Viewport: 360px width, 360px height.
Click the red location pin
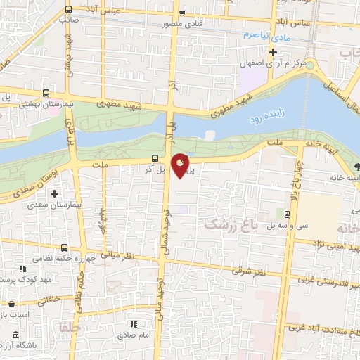click(x=181, y=165)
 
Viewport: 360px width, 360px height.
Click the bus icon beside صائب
click(x=68, y=10)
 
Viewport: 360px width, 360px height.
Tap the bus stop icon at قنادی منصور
click(x=182, y=13)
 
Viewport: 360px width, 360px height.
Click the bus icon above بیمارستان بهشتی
click(x=46, y=92)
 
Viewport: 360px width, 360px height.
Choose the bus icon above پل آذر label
click(x=155, y=158)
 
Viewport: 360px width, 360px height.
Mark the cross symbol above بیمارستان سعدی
click(x=53, y=193)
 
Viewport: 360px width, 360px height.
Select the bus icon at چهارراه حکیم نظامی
click(x=65, y=247)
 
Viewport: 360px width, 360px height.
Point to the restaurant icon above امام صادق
click(x=134, y=324)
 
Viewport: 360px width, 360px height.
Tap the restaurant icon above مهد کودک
click(x=22, y=268)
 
